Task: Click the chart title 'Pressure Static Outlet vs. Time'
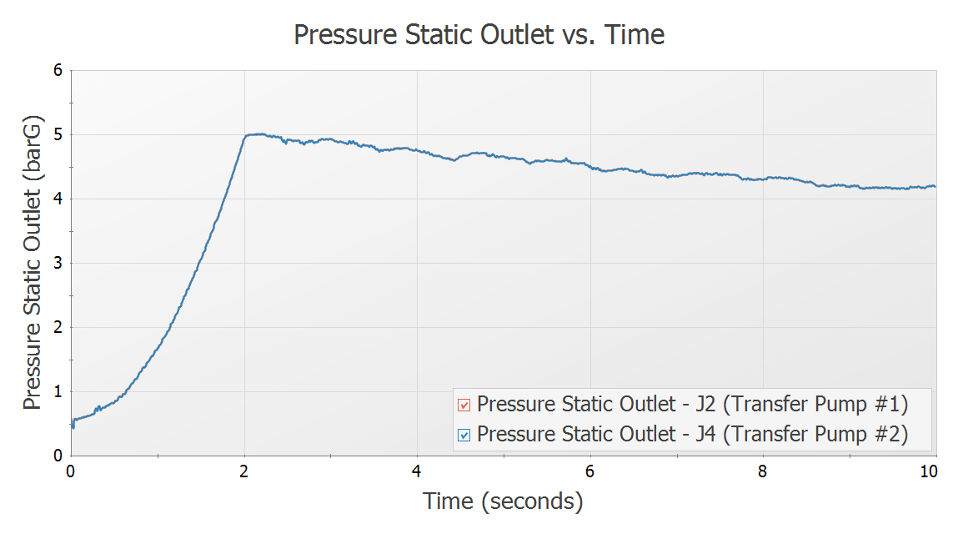(x=479, y=35)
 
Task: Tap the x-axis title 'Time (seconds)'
(x=503, y=501)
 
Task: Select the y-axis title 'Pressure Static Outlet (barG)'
(x=33, y=263)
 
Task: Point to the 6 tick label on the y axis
(x=58, y=71)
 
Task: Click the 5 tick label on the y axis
(x=58, y=135)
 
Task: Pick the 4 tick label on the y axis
(x=58, y=199)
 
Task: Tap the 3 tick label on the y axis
(x=58, y=264)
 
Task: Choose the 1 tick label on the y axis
(x=58, y=392)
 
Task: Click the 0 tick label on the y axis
(x=58, y=456)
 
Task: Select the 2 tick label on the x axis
(x=244, y=471)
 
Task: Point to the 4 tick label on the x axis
(x=417, y=471)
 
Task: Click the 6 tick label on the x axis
(x=590, y=471)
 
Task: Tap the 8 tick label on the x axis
(x=763, y=471)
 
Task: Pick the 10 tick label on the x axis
(x=929, y=471)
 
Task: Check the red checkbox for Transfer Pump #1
(x=464, y=406)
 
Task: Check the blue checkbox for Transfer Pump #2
(x=464, y=435)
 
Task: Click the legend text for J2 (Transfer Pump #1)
(x=691, y=405)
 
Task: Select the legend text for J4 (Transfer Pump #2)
(x=691, y=434)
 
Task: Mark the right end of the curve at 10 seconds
(x=934, y=186)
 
